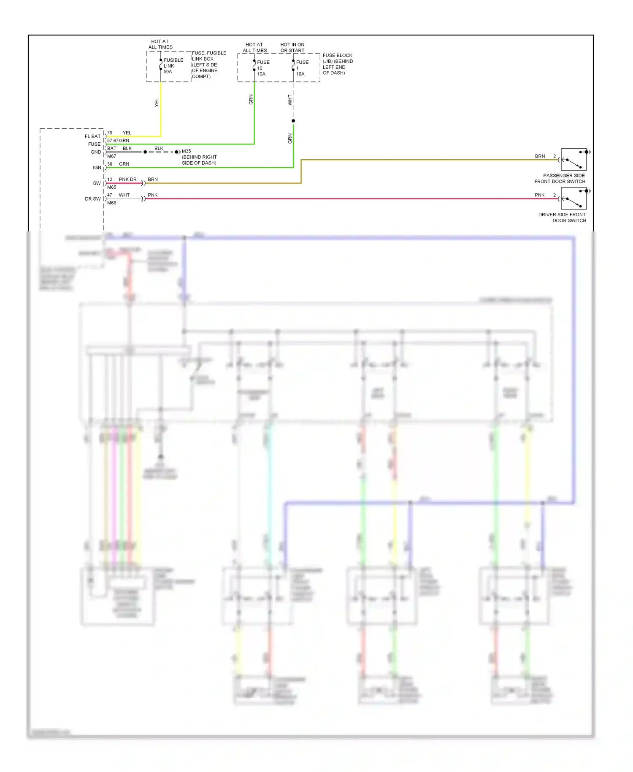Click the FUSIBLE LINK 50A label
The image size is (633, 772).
[x=173, y=66]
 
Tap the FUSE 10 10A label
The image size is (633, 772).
[x=263, y=68]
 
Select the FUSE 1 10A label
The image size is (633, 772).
[x=302, y=68]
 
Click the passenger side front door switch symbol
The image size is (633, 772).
[x=573, y=160]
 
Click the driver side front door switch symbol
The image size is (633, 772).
[x=573, y=198]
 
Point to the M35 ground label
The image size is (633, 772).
[x=186, y=151]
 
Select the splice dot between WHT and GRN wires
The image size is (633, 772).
[x=293, y=121]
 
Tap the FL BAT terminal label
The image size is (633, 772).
[x=92, y=136]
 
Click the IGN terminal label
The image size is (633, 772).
[x=97, y=168]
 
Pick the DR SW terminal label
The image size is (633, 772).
[x=93, y=199]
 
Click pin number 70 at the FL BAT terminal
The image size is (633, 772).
[x=110, y=133]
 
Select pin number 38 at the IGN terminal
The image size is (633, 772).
[x=110, y=164]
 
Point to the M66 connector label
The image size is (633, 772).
[x=111, y=203]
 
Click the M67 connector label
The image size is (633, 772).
[x=111, y=156]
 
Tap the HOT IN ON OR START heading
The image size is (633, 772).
[x=292, y=47]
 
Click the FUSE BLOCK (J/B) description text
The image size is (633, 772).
[x=338, y=64]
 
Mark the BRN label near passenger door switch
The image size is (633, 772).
[x=540, y=156]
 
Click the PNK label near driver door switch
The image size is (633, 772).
[x=539, y=195]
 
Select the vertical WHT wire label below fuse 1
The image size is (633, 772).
[x=290, y=100]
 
